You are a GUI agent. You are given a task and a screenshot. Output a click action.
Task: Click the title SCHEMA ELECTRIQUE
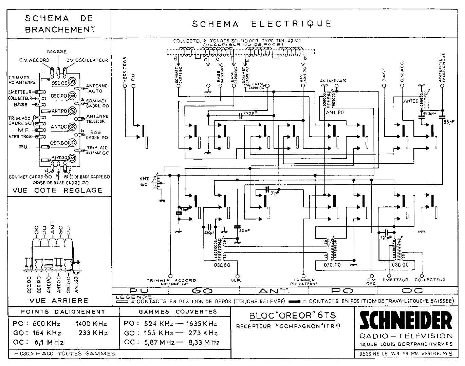[x=262, y=24]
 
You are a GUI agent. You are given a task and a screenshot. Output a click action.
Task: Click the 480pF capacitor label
[x=209, y=233]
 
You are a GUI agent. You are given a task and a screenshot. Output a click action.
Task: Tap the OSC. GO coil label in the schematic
[x=222, y=265]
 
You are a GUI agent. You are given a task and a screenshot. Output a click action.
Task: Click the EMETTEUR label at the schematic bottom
[x=395, y=280]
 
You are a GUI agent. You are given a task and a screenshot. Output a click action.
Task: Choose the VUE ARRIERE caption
[x=59, y=300]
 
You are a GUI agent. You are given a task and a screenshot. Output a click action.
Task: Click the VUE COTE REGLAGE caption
[x=57, y=190]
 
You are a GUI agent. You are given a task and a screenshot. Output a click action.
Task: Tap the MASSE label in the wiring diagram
[x=57, y=52]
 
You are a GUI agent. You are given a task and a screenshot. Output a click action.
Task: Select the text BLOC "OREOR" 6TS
[x=293, y=315]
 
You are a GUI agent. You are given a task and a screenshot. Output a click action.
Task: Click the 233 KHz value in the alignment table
[x=93, y=333]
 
